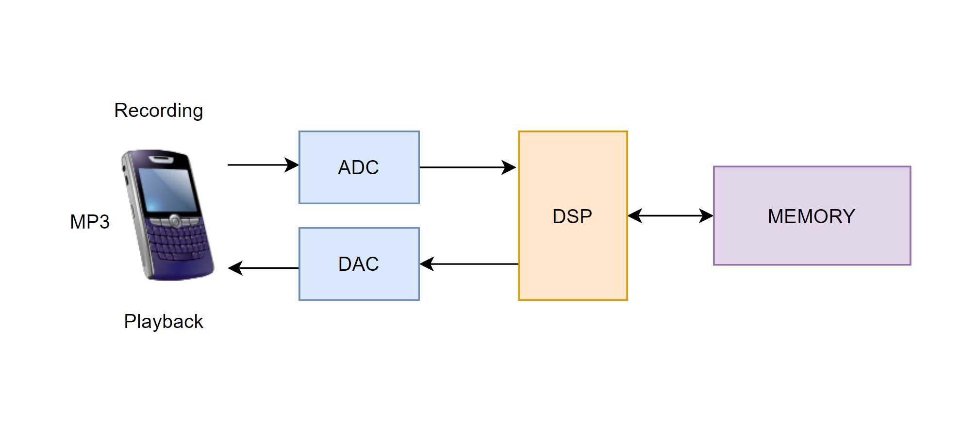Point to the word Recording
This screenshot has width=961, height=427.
159,111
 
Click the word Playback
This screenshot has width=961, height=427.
164,322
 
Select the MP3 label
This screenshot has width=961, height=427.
90,222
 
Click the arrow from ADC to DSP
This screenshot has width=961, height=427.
466,167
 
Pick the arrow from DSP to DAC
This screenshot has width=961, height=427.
471,264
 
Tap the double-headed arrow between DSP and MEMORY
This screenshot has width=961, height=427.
670,215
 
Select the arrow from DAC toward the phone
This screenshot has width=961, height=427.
265,268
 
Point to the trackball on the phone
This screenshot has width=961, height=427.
175,221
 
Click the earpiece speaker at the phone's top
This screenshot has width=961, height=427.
161,159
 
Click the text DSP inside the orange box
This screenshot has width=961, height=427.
572,216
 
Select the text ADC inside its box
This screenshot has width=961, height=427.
358,167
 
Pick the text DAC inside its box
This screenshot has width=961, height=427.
358,264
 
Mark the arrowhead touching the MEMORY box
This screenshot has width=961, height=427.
706,215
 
